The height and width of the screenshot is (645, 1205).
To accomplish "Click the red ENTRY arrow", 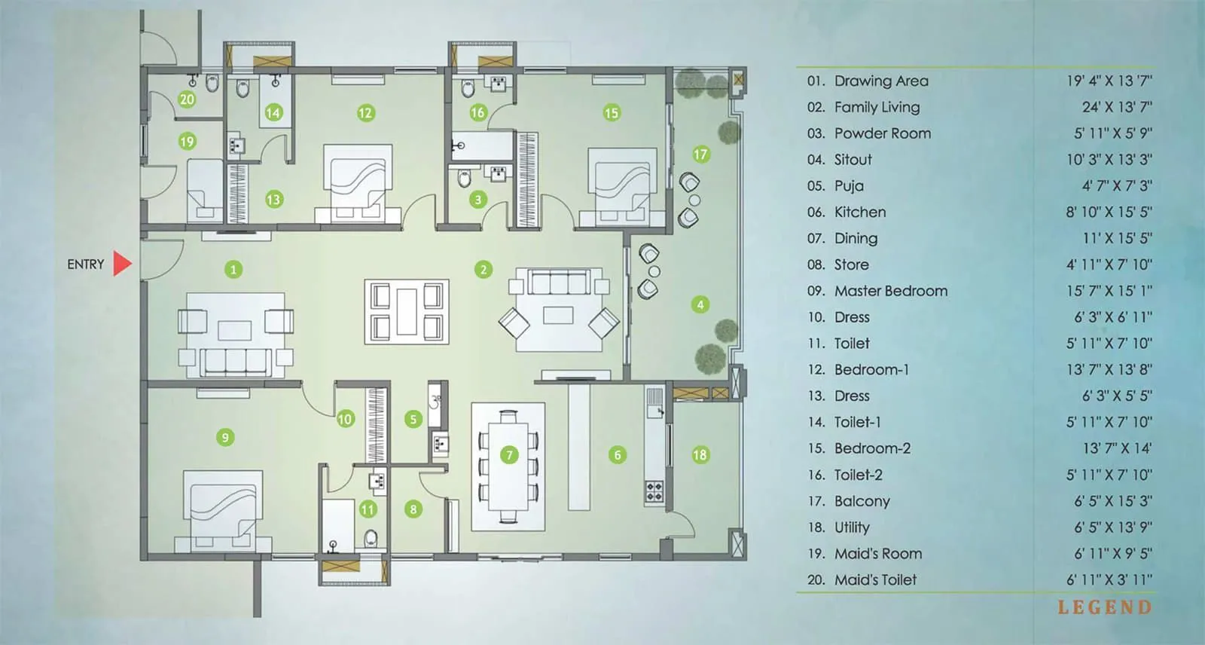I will pos(122,264).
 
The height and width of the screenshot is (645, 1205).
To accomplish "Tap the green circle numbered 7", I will pos(510,454).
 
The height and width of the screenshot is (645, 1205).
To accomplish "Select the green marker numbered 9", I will pos(224,437).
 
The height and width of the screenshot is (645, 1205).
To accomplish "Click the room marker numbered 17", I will pos(700,154).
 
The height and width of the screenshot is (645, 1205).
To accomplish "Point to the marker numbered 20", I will pos(187,99).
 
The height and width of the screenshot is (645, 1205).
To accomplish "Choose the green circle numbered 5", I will pos(413,419).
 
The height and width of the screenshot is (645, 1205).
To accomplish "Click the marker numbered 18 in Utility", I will pos(700,454).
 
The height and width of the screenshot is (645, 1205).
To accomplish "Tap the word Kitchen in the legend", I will pos(859,212).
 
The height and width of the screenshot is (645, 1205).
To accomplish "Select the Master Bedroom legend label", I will pos(890,291).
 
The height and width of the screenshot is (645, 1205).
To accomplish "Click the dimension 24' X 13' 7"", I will pos(1117,107).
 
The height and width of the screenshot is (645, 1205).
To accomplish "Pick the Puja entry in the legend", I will pos(849,185).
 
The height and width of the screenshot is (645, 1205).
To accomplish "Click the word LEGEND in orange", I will pos(1104,607).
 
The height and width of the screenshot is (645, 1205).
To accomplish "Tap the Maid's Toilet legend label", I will pos(875,579).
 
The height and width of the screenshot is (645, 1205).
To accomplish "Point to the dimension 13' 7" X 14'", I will pos(1117,448).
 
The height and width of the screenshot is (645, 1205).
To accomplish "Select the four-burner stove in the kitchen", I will pos(654,492).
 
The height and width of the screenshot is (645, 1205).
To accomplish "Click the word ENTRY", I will pos(85,264).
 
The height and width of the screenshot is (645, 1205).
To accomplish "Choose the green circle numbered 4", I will pos(700,304).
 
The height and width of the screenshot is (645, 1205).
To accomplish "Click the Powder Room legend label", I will pos(882,133).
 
